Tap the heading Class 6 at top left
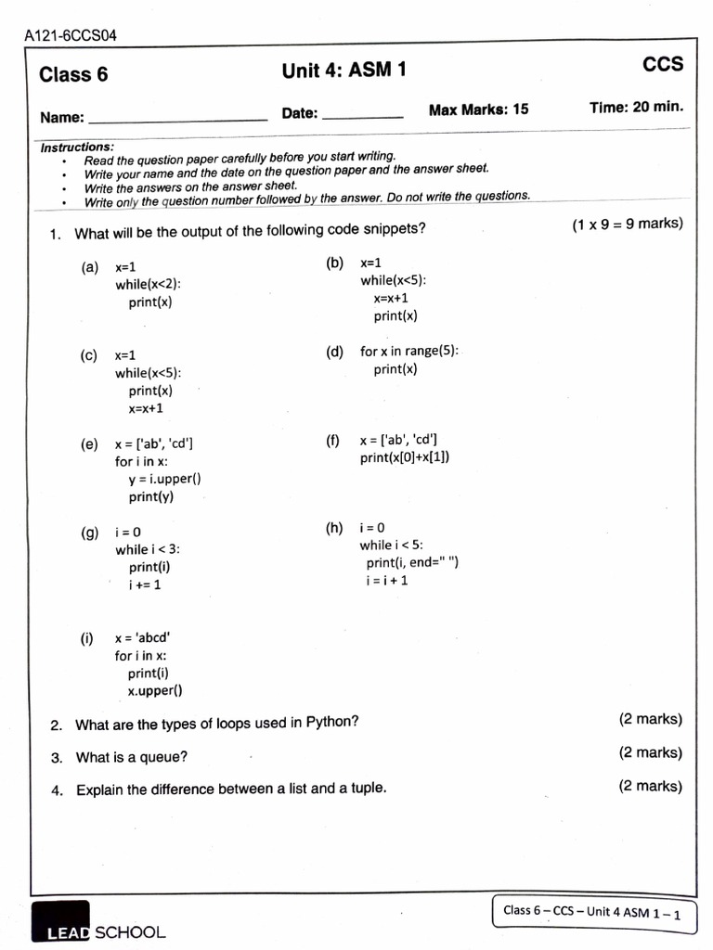[x=73, y=75]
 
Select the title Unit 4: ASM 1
[x=344, y=71]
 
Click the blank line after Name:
[x=176, y=119]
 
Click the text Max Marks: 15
[x=478, y=109]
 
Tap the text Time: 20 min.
[x=636, y=107]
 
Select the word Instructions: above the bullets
[x=77, y=148]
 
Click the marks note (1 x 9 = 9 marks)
[x=627, y=224]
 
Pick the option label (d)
[x=335, y=352]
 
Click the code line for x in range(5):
[x=409, y=351]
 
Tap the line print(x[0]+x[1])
[x=405, y=457]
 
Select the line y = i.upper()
[x=164, y=479]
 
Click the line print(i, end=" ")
[x=412, y=563]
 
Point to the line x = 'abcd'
[x=142, y=638]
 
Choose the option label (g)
[x=90, y=533]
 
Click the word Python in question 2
[x=330, y=723]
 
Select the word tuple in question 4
[x=364, y=789]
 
